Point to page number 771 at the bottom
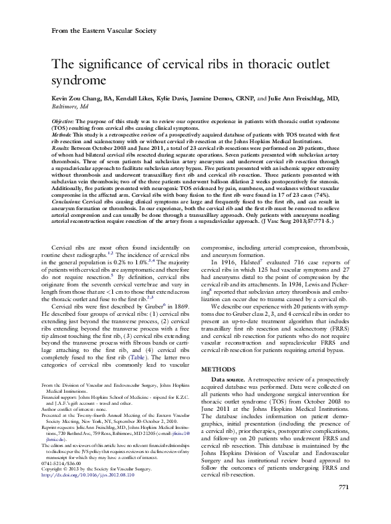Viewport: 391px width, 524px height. click(x=345, y=504)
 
